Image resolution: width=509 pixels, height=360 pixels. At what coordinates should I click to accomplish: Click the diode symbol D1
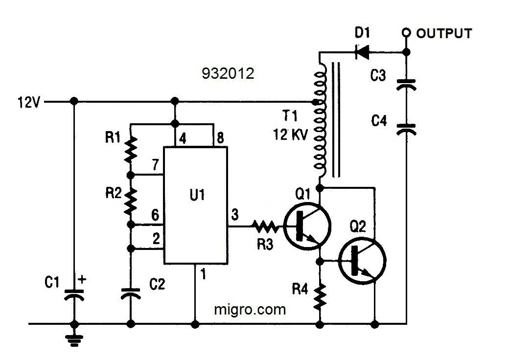362,51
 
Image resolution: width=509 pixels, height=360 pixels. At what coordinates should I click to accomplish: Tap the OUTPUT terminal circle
405,33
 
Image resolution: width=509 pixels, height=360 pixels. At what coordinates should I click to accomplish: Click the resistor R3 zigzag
265,226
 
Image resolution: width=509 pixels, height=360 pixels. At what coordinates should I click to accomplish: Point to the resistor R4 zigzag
321,296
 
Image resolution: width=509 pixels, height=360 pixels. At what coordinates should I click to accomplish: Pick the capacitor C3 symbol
406,85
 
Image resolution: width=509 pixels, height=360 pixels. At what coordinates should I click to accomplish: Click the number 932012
228,73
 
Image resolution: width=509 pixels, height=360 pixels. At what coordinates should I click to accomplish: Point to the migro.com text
250,310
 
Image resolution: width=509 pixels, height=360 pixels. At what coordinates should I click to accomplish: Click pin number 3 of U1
234,214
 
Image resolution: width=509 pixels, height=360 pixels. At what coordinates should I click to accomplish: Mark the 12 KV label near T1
291,135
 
